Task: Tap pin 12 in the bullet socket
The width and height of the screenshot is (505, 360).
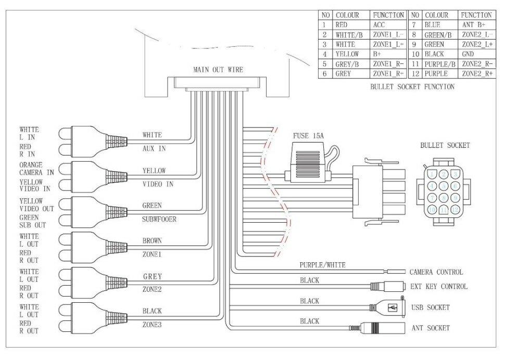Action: (455, 210)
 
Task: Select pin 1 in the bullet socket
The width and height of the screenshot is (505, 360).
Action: (432, 175)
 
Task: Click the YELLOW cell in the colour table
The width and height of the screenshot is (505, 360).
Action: (347, 54)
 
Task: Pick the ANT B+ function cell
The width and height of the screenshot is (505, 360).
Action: (473, 24)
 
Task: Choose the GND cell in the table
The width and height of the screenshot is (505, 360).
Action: (468, 54)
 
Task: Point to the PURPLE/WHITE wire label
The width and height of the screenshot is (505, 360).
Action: (322, 265)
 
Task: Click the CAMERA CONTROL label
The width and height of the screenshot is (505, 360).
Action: (436, 272)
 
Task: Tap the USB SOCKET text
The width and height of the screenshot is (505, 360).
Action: (430, 307)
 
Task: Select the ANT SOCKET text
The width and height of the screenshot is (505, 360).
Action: (430, 328)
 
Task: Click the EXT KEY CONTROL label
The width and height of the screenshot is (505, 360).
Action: (438, 287)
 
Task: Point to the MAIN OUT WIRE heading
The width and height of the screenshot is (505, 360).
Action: (218, 69)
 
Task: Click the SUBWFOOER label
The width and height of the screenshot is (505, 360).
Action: (159, 220)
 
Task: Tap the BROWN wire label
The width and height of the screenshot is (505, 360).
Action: (152, 241)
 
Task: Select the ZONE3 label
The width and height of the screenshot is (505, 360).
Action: (152, 324)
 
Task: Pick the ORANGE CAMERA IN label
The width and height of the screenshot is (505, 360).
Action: (36, 169)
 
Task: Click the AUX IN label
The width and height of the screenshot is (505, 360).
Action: (154, 149)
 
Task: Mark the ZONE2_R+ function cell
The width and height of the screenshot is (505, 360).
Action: (476, 74)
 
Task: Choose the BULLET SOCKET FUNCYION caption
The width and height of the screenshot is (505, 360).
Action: (412, 87)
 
